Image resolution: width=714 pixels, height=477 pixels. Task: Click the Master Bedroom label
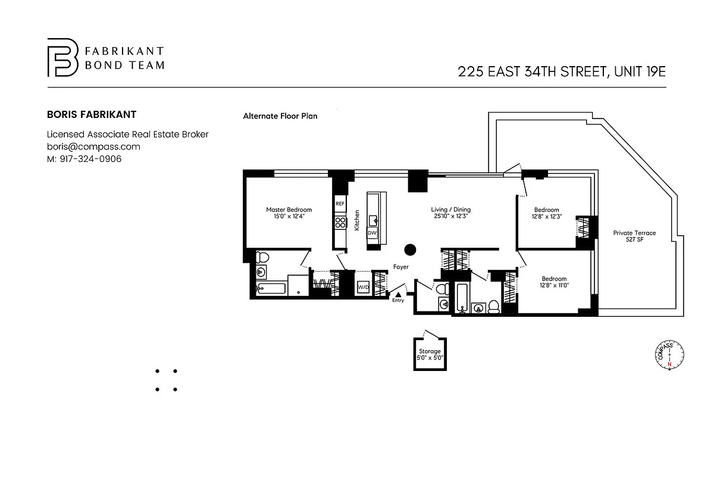coord(289,213)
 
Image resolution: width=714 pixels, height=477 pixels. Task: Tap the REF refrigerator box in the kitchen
coord(340,204)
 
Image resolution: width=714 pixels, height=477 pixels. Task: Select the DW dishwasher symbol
coord(372,233)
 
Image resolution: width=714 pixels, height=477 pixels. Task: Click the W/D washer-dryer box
coord(363,287)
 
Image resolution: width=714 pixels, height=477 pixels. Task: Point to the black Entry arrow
coord(398,295)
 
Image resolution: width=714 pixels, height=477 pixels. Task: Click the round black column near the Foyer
coord(410,250)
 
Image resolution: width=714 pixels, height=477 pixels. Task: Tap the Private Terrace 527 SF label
coord(634,236)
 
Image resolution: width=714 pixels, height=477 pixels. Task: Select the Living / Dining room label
coord(451,213)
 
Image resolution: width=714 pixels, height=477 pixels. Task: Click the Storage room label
coord(430,354)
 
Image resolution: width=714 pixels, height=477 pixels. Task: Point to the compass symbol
coord(669,355)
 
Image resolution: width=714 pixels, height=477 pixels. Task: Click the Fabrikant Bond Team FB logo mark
coord(62,57)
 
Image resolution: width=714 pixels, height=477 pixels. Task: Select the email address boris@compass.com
coord(93,146)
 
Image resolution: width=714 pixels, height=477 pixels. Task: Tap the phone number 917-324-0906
coord(90,159)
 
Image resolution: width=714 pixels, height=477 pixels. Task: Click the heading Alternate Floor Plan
coord(280,116)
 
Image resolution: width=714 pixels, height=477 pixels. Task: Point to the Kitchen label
coord(357,220)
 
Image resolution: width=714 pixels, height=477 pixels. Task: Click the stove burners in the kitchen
coord(340,223)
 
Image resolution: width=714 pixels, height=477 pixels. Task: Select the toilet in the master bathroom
coord(262,257)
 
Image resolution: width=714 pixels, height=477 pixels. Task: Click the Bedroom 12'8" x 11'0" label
coord(554,282)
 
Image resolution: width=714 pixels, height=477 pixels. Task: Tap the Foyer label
coord(400,267)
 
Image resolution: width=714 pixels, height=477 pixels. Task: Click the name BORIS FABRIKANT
coord(92,114)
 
